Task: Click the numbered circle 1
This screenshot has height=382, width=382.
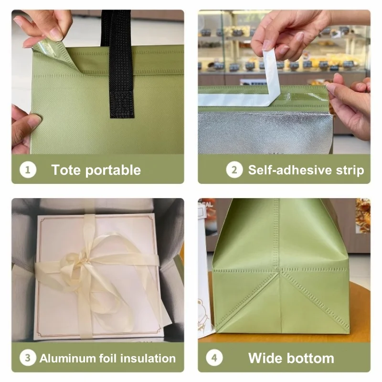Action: click(28, 170)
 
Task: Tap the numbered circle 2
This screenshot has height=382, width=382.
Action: click(234, 170)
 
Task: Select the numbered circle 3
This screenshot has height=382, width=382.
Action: click(28, 358)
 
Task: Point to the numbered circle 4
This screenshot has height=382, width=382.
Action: click(214, 358)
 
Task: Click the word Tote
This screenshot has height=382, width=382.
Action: click(66, 170)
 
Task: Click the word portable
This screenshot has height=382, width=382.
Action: click(113, 170)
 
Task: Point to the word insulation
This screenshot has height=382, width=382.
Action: click(148, 359)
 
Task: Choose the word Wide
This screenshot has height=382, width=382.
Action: click(265, 358)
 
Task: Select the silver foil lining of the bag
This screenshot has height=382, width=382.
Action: click(265, 133)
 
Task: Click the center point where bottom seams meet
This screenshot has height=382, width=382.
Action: click(279, 270)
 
